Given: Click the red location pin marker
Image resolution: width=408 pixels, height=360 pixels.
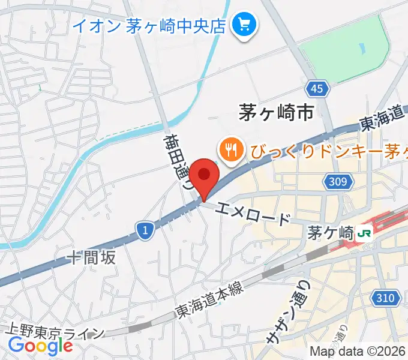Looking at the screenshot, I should (x=205, y=175).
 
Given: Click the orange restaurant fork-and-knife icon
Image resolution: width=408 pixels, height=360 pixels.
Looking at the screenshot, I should (x=231, y=147).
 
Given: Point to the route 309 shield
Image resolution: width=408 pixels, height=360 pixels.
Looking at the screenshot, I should (x=338, y=181).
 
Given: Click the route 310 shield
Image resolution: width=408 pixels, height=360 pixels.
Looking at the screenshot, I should (x=386, y=296).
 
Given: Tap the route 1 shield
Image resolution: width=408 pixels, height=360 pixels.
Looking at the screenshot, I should (x=144, y=230).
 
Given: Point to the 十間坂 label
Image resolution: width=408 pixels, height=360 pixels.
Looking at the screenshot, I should (x=91, y=258).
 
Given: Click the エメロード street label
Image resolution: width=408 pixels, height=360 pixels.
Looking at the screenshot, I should (x=254, y=212).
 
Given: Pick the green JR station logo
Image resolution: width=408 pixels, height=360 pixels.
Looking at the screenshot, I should (x=363, y=233).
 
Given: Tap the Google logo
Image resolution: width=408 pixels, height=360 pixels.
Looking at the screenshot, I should (x=40, y=346).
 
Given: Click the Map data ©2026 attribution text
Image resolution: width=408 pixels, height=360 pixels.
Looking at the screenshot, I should (x=358, y=351).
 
